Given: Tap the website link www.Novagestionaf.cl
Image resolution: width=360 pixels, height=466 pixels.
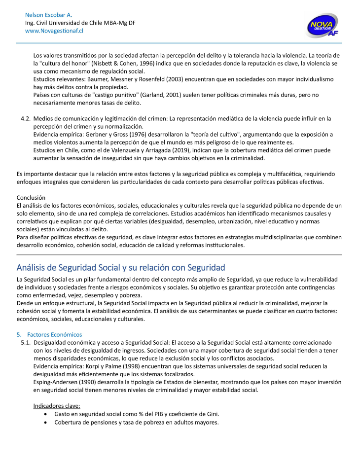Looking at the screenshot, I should (x=54, y=31).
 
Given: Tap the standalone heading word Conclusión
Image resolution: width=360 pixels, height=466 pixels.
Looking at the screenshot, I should (x=31, y=197).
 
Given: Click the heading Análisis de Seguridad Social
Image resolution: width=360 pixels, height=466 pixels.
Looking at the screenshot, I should (x=121, y=267).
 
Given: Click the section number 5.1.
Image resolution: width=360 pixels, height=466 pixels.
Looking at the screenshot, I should (x=26, y=342).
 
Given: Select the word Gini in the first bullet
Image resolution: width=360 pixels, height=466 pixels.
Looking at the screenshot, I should (x=211, y=414).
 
